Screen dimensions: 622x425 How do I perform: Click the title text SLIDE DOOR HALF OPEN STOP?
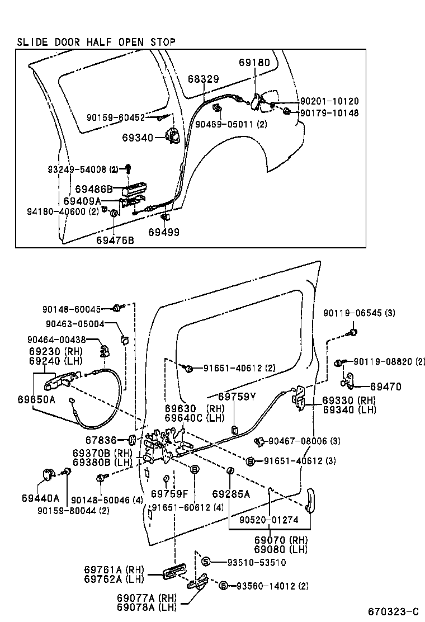96,42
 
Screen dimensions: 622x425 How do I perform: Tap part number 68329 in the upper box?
203,79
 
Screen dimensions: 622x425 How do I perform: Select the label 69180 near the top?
254,63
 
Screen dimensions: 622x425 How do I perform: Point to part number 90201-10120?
329,101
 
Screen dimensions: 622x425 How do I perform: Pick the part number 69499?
164,231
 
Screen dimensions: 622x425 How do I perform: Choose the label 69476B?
115,240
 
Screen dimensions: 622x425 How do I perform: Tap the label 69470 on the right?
385,387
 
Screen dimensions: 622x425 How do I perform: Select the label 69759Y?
237,397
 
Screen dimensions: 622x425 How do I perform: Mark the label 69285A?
231,494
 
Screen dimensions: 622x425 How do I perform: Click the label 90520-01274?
269,520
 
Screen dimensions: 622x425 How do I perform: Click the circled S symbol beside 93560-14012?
223,586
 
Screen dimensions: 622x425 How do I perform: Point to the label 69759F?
169,494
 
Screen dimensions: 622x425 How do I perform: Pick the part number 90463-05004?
75,323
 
